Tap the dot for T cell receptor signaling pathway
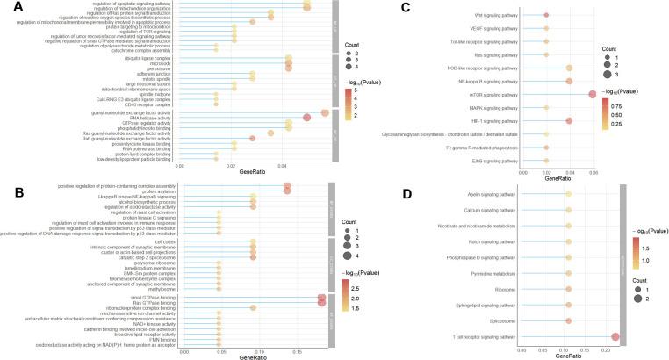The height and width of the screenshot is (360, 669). (x=615, y=337)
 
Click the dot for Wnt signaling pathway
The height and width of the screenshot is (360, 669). (x=546, y=15)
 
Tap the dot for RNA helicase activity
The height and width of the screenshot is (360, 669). (x=306, y=118)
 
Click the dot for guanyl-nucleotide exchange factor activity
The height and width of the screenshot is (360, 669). (x=325, y=112)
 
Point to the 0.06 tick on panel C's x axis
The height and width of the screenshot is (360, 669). (x=593, y=173)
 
